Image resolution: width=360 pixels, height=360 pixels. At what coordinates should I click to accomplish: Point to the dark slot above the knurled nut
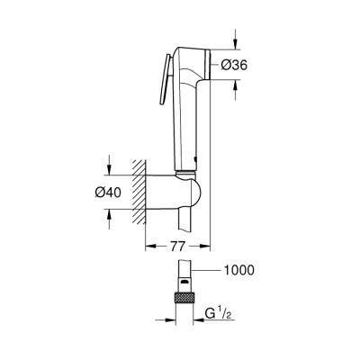click(x=184, y=281)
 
